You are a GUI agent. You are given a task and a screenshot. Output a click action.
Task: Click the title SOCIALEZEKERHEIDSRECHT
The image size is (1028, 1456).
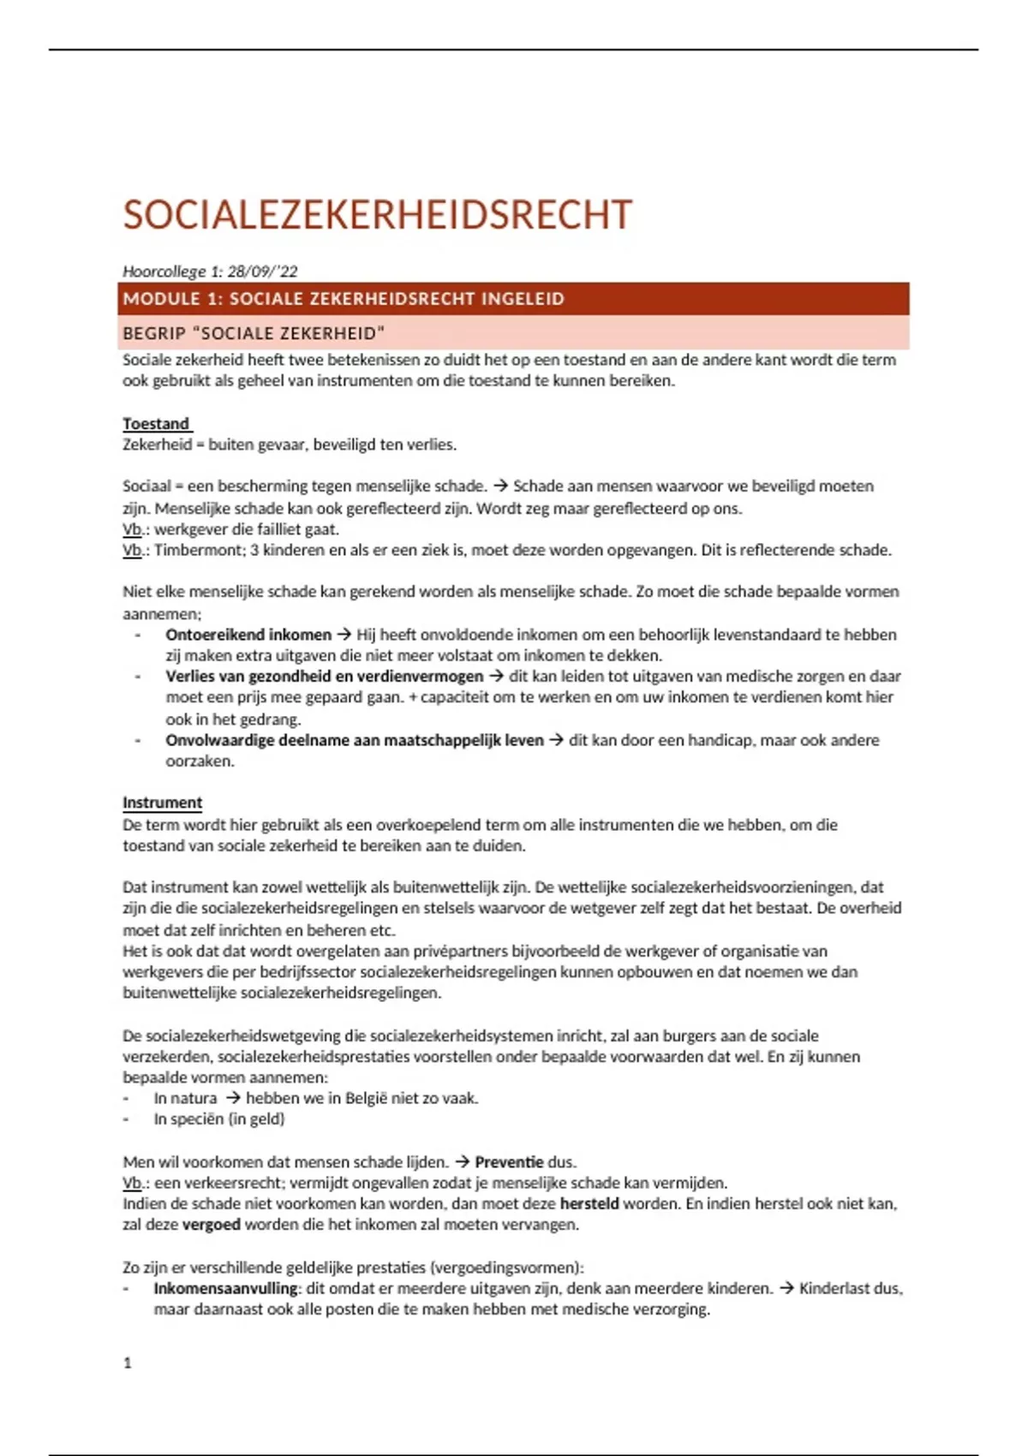[x=377, y=215]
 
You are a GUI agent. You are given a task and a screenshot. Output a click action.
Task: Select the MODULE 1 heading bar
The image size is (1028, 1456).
[x=514, y=299]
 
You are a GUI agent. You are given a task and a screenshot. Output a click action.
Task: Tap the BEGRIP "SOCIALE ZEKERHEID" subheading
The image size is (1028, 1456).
[x=254, y=333]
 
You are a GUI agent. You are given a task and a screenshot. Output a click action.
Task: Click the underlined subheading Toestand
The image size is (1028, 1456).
[x=156, y=424]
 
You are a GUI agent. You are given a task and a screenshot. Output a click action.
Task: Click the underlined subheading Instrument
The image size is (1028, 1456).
[x=162, y=803]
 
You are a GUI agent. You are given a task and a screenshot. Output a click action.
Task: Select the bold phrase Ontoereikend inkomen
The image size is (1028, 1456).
[x=248, y=635]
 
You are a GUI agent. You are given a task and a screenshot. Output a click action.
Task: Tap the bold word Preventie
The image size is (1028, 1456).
[x=509, y=1162]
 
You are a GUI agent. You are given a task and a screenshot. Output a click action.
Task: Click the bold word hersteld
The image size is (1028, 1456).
[x=589, y=1203]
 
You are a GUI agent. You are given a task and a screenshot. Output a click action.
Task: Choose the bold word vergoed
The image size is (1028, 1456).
[x=212, y=1225]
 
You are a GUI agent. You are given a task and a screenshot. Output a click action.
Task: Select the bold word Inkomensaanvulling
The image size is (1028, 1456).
[x=226, y=1288]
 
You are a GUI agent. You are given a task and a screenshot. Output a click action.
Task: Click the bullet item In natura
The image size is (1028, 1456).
[x=185, y=1098]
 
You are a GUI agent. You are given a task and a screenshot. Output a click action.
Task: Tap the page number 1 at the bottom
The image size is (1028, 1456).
[x=128, y=1363]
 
